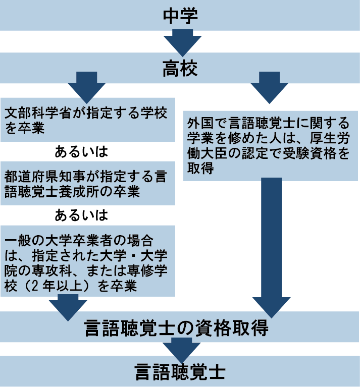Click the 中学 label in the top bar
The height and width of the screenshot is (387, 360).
[x=180, y=15]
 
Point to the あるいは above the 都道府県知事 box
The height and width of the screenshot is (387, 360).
[x=81, y=151]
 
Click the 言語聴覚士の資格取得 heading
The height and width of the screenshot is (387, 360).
[x=180, y=328]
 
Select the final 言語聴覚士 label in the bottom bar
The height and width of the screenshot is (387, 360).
[x=180, y=373]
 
